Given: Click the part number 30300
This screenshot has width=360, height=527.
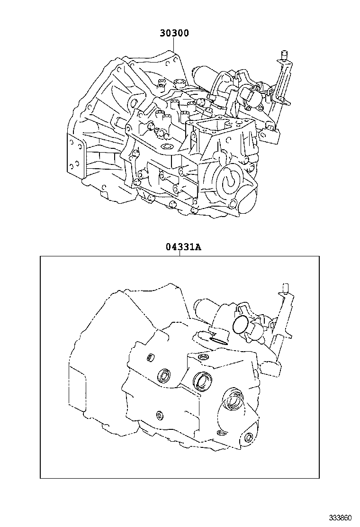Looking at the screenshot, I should [173, 33].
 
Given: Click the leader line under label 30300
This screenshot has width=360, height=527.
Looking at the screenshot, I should [173, 45].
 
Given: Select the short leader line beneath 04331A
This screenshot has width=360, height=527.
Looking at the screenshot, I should [180, 254].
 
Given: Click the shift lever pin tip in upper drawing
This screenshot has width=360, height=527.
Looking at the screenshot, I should [285, 53].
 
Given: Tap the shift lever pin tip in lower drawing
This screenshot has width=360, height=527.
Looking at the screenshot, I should [285, 288].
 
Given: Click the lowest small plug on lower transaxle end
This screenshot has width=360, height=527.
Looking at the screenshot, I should [249, 437].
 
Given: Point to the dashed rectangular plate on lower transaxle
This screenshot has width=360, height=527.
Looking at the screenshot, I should [77, 386].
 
